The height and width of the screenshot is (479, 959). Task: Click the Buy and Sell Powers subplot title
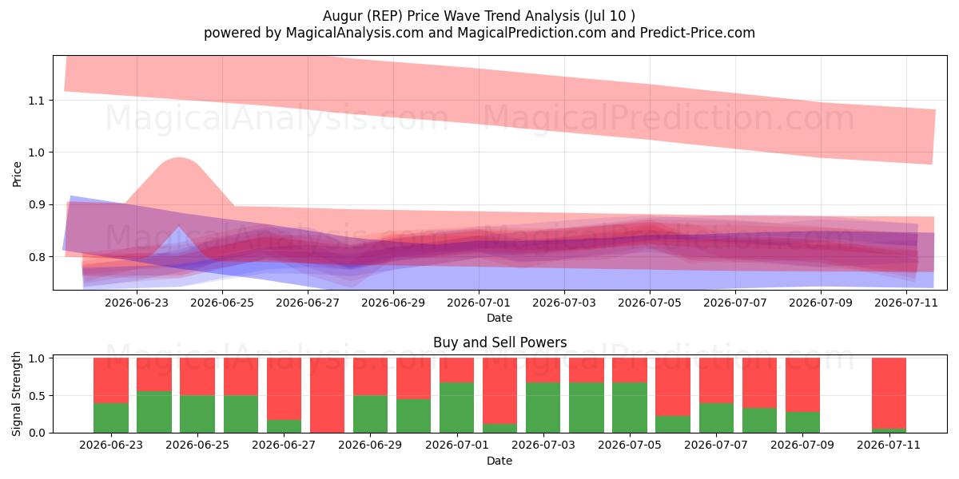[x=499, y=342]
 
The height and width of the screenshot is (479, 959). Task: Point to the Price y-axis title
[x=17, y=174]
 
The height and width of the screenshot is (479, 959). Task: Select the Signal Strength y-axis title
[x=16, y=394]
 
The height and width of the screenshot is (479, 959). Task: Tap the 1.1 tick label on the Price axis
[x=36, y=101]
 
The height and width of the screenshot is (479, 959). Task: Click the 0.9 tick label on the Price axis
[x=36, y=205]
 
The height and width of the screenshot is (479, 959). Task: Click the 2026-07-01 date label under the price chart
[x=478, y=303]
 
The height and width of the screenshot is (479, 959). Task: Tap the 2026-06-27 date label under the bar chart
[x=284, y=445]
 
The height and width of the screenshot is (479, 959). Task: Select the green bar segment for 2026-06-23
[x=111, y=418]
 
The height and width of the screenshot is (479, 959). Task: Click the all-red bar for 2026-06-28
[x=327, y=395]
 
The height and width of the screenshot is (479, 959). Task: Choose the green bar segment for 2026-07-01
[x=457, y=408]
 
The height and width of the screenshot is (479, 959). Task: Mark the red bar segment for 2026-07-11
[x=889, y=393]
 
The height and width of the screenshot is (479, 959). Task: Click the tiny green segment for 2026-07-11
[x=889, y=430]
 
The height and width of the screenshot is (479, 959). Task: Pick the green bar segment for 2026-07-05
[x=630, y=408]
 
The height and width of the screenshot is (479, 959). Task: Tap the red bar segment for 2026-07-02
[x=500, y=391]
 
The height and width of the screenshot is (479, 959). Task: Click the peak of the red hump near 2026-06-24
[x=178, y=158]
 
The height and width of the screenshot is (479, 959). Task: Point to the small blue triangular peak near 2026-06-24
[x=178, y=226]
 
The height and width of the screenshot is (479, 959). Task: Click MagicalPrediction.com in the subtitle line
[x=531, y=33]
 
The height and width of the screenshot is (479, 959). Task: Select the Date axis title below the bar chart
[x=499, y=461]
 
